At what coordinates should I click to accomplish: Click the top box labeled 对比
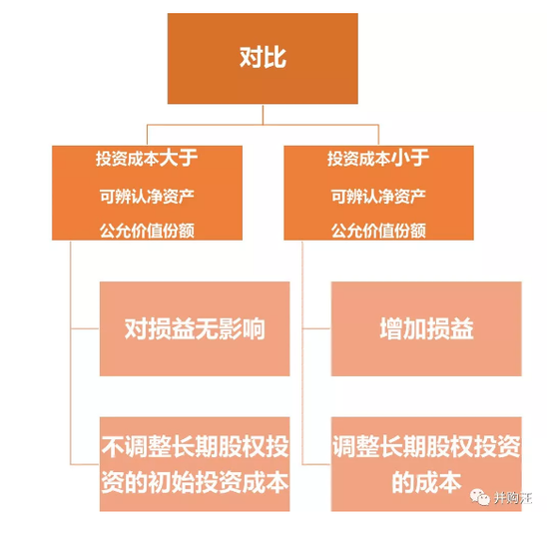pyautogui.click(x=263, y=59)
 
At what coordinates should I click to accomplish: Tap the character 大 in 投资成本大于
pyautogui.click(x=168, y=159)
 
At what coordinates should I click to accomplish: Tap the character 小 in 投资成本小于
pyautogui.click(x=400, y=159)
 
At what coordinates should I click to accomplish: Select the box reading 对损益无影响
pyautogui.click(x=195, y=328)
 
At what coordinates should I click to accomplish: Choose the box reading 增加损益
pyautogui.click(x=426, y=328)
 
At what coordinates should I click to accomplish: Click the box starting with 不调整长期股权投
pyautogui.click(x=195, y=464)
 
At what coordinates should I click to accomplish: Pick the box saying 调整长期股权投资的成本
pyautogui.click(x=426, y=464)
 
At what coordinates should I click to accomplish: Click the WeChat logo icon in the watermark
pyautogui.click(x=479, y=497)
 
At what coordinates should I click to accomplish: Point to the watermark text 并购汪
pyautogui.click(x=513, y=497)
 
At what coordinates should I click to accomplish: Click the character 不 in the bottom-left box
pyautogui.click(x=113, y=447)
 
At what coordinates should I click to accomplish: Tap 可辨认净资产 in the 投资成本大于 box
pyautogui.click(x=147, y=197)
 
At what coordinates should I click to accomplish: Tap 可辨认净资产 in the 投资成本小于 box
pyautogui.click(x=378, y=197)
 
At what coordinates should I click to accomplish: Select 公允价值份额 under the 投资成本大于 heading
pyautogui.click(x=147, y=231)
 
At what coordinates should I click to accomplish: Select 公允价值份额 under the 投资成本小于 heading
pyautogui.click(x=378, y=231)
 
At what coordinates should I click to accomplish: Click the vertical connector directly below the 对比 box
pyautogui.click(x=263, y=114)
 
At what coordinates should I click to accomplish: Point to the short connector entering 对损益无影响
pyautogui.click(x=85, y=328)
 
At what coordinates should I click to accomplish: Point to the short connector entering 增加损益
pyautogui.click(x=316, y=328)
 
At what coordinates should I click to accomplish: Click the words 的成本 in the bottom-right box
pyautogui.click(x=426, y=482)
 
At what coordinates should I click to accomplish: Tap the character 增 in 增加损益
pyautogui.click(x=391, y=328)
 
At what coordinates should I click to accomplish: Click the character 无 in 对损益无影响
pyautogui.click(x=207, y=328)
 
